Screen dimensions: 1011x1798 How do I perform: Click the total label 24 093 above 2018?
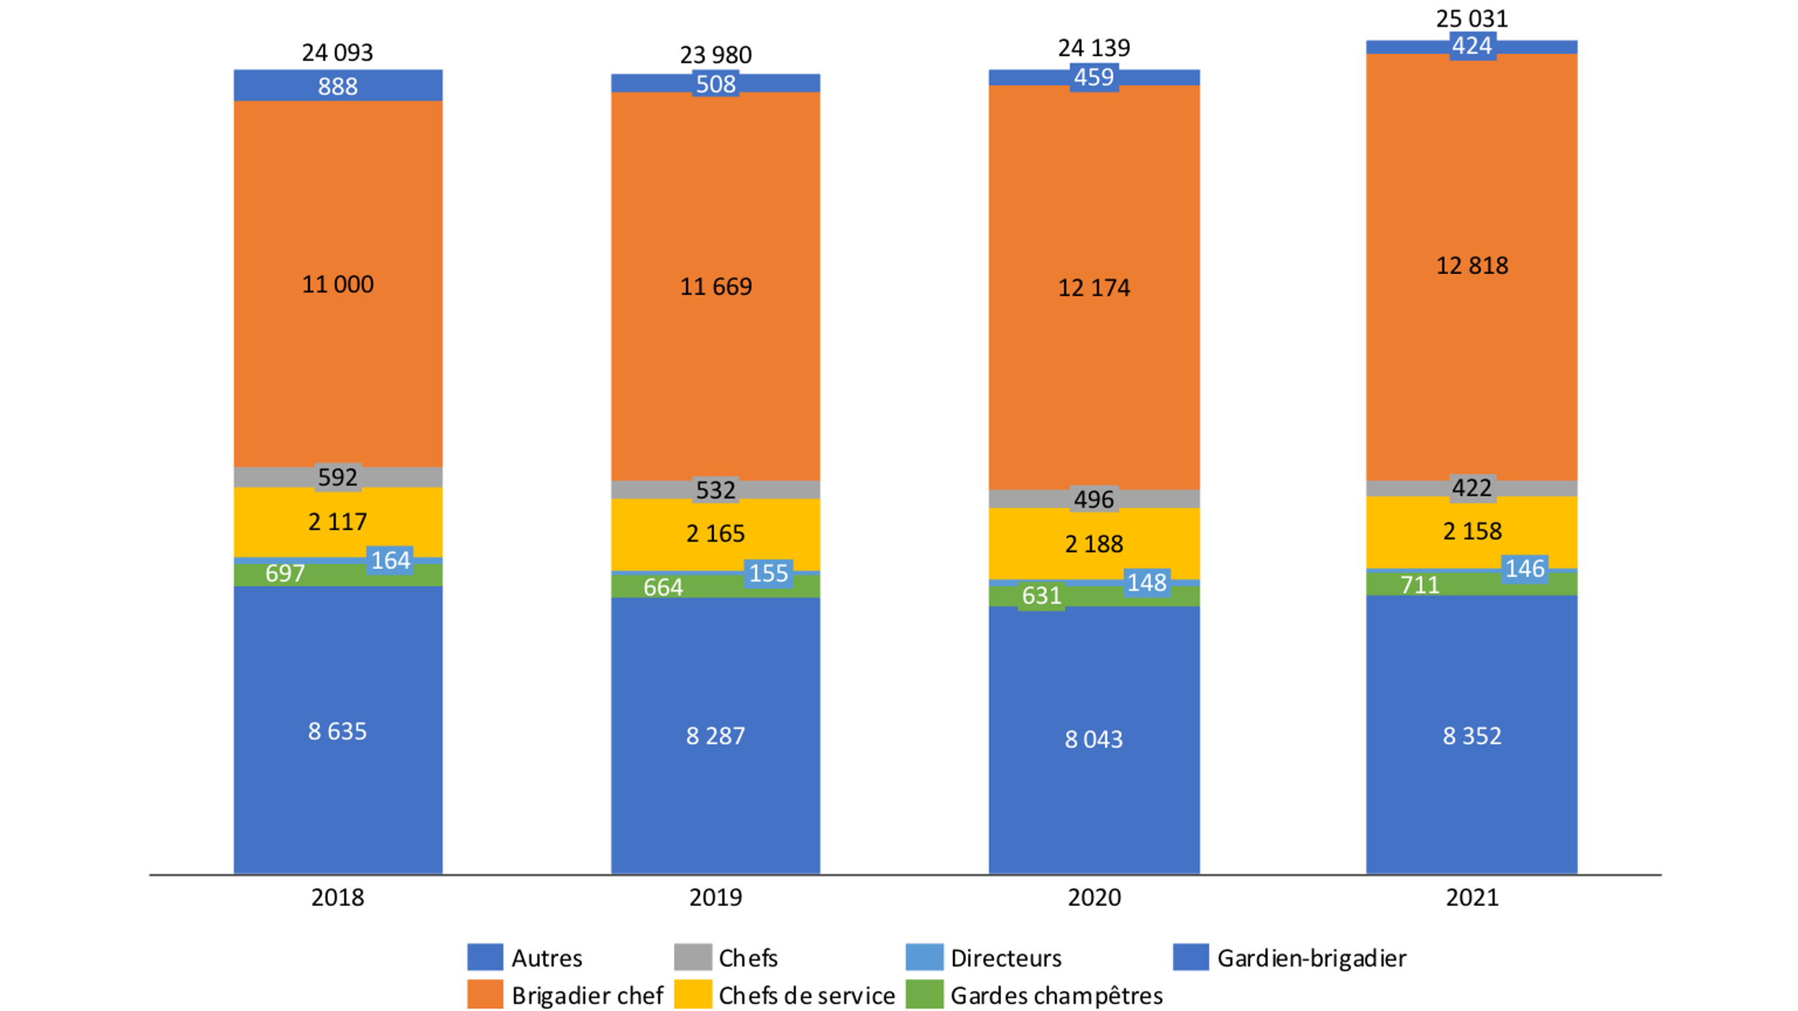337,52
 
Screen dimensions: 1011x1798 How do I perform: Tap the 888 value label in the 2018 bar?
337,86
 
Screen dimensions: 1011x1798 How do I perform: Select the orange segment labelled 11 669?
716,287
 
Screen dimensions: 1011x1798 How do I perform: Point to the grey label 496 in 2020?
1093,499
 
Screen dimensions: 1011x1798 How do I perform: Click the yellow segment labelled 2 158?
1471,531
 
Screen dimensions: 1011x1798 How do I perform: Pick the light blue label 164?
390,560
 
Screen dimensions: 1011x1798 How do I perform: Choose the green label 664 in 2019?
662,587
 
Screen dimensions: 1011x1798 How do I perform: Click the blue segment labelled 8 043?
1093,739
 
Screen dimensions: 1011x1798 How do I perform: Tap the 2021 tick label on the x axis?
1471,898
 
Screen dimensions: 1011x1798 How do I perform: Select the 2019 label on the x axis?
716,898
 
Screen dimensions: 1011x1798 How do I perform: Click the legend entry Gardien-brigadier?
1311,959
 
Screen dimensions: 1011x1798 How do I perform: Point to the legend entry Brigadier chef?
587,996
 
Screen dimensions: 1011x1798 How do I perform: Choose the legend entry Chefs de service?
806,996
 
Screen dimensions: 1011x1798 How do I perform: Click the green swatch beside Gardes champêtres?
924,995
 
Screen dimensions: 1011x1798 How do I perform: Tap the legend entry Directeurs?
1005,959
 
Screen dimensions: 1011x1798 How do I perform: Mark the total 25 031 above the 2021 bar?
1471,18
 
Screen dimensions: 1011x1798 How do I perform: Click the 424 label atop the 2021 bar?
1471,46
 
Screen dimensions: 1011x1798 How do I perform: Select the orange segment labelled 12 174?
1093,288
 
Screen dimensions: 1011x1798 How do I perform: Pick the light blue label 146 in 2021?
1525,569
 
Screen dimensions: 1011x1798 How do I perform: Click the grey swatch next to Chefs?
693,958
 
